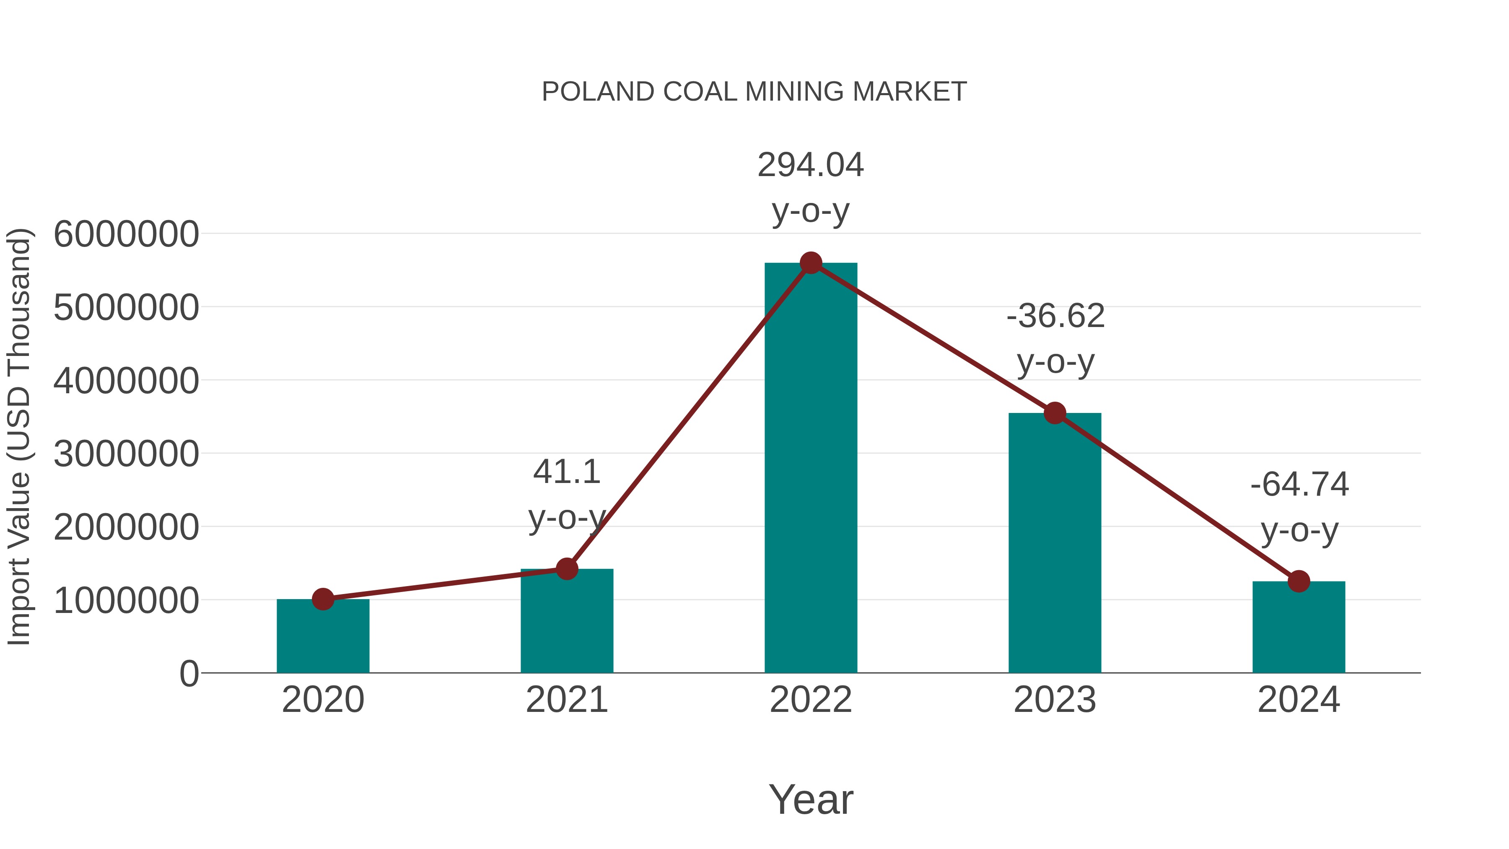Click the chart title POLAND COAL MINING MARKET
click(x=754, y=92)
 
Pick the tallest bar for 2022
click(x=811, y=469)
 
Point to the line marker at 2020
click(x=323, y=600)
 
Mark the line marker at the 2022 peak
click(x=811, y=263)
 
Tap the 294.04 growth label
click(x=811, y=165)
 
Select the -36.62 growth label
click(x=1055, y=317)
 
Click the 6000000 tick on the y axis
click(x=126, y=234)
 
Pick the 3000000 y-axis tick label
click(x=126, y=454)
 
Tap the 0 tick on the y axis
click(x=189, y=674)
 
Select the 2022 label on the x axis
click(x=811, y=700)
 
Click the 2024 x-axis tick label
click(x=1299, y=700)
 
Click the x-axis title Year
click(x=811, y=800)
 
